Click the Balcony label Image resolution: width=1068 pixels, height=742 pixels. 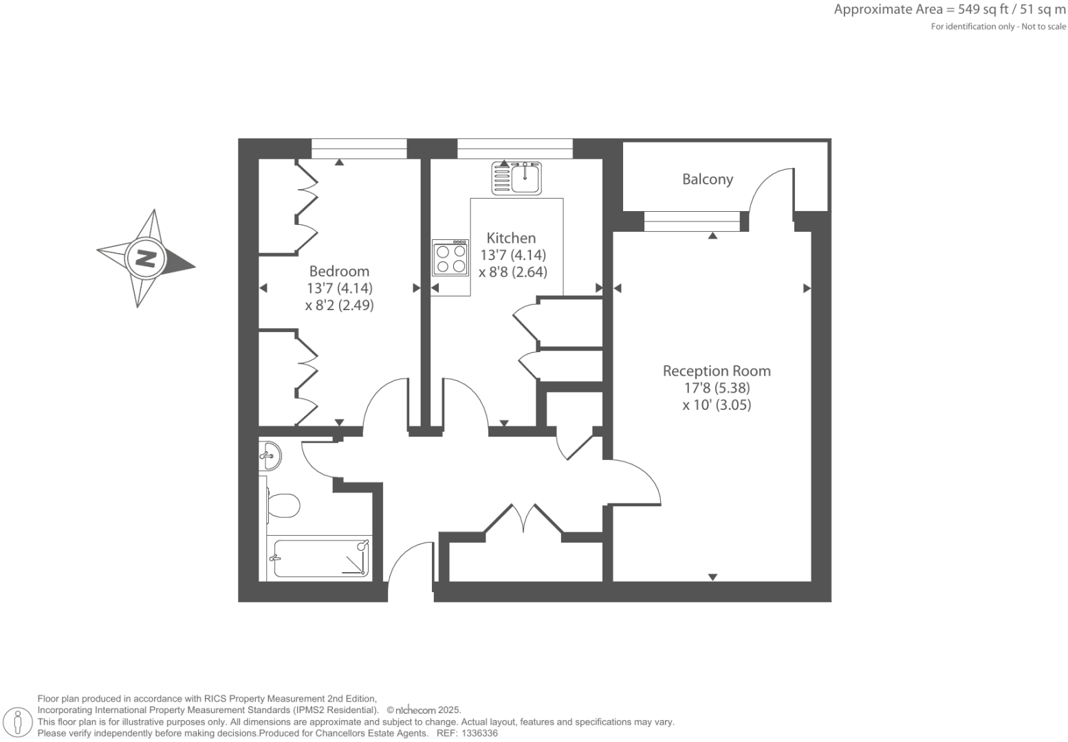707,179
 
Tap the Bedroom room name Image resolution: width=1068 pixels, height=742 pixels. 339,271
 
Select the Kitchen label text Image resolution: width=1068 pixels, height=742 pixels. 511,238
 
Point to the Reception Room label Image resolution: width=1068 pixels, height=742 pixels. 717,371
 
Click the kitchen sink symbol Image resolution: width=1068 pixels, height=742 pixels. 517,177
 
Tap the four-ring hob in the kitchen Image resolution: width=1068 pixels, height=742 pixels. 450,258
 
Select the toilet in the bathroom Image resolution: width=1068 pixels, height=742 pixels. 283,505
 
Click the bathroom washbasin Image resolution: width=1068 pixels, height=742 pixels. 270,455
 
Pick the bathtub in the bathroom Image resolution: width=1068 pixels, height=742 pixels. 321,558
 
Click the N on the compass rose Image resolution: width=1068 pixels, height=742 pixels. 145,259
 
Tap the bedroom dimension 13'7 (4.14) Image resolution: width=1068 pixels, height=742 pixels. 340,288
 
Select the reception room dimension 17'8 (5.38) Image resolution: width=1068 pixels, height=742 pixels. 717,388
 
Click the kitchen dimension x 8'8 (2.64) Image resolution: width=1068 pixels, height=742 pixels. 513,272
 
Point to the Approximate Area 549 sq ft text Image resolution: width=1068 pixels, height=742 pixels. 949,10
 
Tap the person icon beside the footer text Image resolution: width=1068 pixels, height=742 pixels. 19,722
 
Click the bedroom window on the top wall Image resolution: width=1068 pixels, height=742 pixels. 359,149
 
